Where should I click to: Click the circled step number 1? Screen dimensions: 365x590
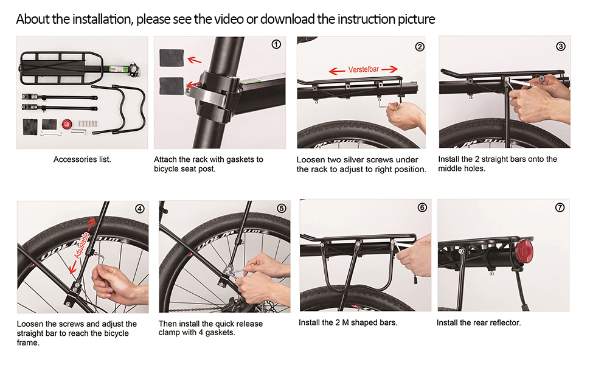tap(276, 44)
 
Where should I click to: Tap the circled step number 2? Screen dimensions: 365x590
tap(419, 47)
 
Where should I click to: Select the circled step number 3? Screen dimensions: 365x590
tap(561, 46)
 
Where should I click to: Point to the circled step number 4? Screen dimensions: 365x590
tap(140, 208)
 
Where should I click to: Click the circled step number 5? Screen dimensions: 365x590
tap(281, 208)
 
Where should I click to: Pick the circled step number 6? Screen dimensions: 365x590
tap(422, 207)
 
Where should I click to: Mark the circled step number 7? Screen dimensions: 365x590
tap(560, 207)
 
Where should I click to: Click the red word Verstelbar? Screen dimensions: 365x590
tap(363, 69)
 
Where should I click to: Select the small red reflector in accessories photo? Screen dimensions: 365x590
tap(67, 124)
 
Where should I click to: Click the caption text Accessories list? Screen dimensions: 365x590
tap(82, 159)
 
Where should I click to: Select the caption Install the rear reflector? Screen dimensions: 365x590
tap(479, 322)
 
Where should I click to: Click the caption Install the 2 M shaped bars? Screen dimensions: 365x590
tap(348, 322)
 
